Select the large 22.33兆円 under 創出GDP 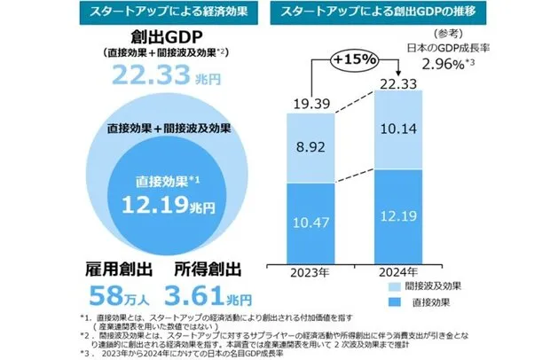(x=169, y=77)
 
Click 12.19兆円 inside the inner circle (x=169, y=207)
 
